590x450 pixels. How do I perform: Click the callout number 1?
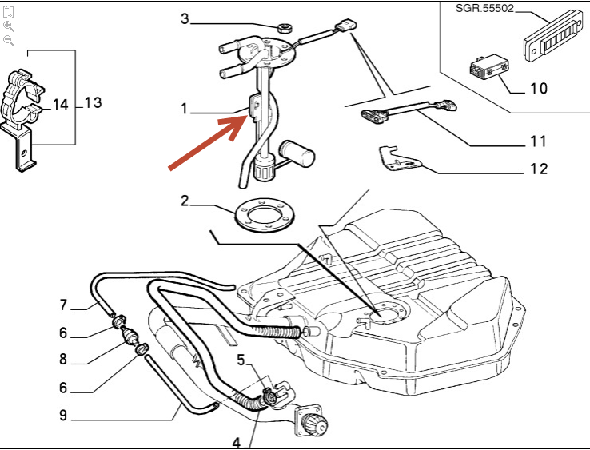[x=185, y=108]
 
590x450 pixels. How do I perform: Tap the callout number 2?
[x=185, y=201]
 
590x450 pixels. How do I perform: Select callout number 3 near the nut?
[x=185, y=18]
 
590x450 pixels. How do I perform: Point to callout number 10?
[x=538, y=87]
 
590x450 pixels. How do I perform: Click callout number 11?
[x=538, y=141]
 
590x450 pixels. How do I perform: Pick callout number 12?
[x=538, y=169]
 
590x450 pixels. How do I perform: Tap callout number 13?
[x=93, y=102]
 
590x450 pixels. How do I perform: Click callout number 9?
[x=63, y=415]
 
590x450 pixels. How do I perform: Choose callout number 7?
[x=63, y=305]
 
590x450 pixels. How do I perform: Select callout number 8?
[x=63, y=360]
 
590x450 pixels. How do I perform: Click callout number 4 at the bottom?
[x=237, y=442]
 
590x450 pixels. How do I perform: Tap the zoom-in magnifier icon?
[x=9, y=26]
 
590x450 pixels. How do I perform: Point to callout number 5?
[x=241, y=360]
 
